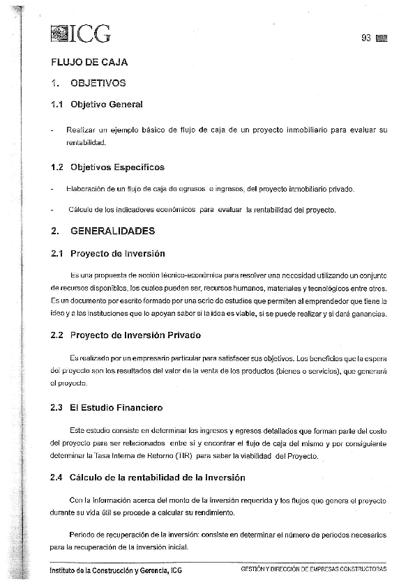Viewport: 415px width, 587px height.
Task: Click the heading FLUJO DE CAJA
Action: [x=89, y=62]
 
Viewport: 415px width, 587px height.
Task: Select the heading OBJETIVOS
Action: [x=98, y=84]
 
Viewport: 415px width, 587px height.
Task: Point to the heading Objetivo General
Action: [x=106, y=105]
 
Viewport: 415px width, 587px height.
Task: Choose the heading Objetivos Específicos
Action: [x=117, y=167]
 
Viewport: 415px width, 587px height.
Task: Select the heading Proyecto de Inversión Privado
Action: [x=135, y=335]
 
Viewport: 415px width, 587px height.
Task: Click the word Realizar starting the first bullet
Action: [x=80, y=130]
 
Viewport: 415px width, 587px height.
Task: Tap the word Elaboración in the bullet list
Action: [x=87, y=189]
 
